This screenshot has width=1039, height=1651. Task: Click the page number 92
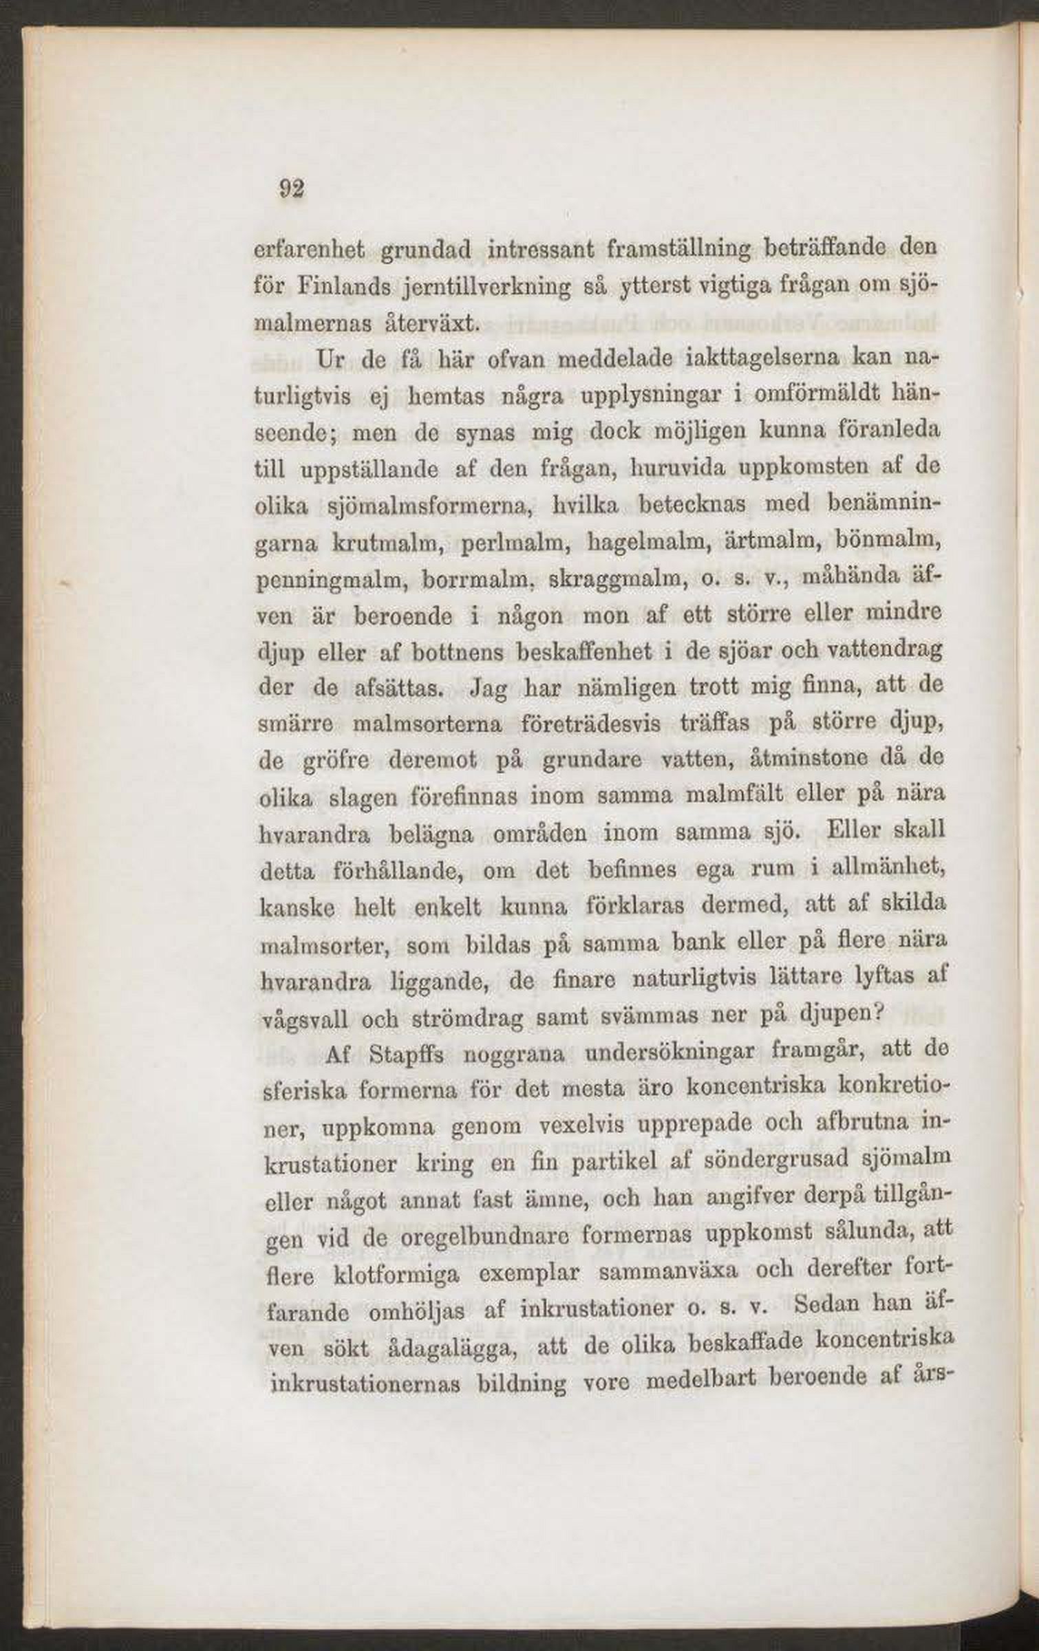tap(291, 188)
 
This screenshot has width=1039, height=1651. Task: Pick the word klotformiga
tap(395, 1275)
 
